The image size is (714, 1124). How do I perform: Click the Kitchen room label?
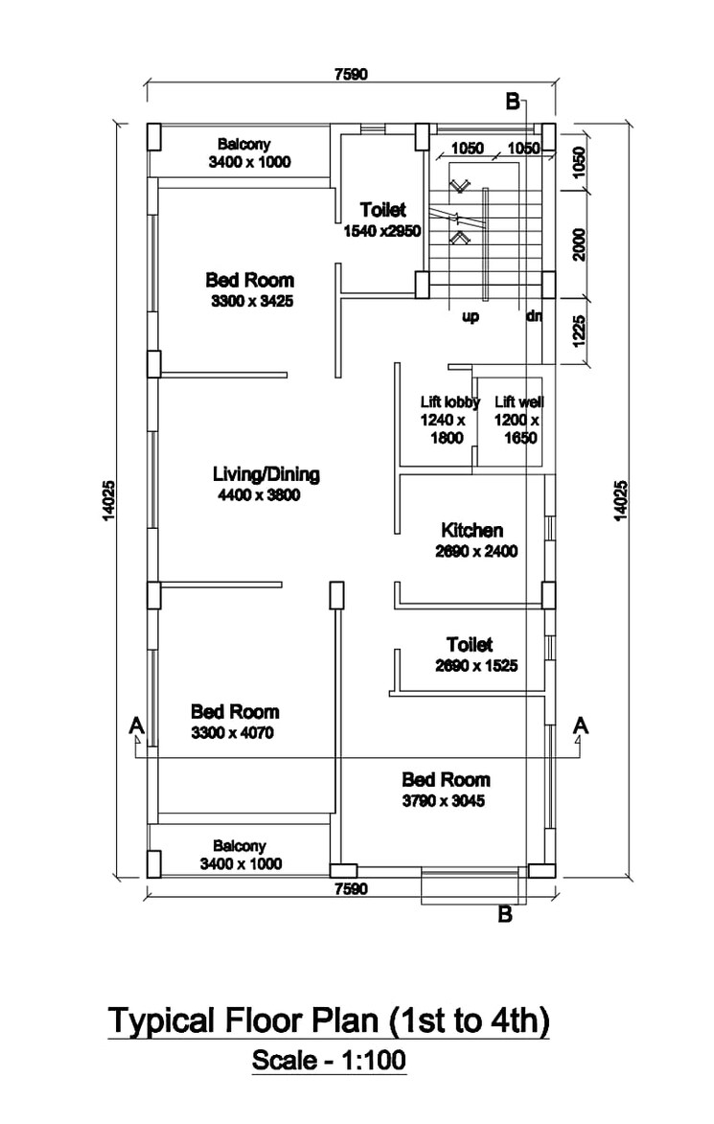(472, 530)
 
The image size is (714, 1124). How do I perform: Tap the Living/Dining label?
(265, 474)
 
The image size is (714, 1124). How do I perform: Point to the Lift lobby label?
(449, 402)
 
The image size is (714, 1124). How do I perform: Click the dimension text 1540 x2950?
(381, 231)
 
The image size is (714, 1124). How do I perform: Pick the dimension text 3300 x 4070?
(233, 733)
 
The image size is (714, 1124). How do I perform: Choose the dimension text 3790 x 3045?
(443, 801)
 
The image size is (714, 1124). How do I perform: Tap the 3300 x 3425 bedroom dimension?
(251, 301)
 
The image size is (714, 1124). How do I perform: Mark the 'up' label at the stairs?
(471, 317)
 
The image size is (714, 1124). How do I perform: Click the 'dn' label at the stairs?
(533, 317)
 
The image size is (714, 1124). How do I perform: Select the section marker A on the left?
(136, 726)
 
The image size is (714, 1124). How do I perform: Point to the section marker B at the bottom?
(505, 915)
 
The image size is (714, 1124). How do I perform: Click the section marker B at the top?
(513, 102)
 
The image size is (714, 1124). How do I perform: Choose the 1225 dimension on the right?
(579, 330)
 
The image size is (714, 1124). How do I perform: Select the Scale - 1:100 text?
(329, 1061)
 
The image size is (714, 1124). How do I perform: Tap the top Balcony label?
(243, 145)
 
